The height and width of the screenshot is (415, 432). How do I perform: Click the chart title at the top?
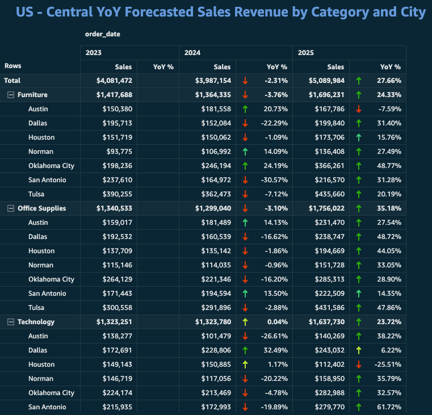tap(221, 12)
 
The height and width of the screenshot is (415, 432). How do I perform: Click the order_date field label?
tap(103, 34)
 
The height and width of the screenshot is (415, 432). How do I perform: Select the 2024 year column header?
tap(192, 53)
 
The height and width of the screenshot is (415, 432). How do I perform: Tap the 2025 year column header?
tap(306, 53)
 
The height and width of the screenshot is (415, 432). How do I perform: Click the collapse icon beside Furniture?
tap(10, 95)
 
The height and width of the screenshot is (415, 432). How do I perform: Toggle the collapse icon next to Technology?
tap(10, 322)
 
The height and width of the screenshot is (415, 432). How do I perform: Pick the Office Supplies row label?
tap(42, 208)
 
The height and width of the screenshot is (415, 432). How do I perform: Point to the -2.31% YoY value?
tap(276, 81)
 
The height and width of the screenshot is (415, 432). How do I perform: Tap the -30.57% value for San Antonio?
tap(275, 180)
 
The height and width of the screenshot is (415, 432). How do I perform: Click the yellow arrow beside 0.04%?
tap(245, 322)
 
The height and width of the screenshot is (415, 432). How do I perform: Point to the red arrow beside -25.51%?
tap(359, 364)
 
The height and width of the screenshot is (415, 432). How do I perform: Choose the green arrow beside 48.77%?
tap(359, 166)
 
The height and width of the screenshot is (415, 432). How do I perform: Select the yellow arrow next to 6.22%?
tap(359, 350)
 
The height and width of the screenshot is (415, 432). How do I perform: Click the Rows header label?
tap(13, 66)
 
